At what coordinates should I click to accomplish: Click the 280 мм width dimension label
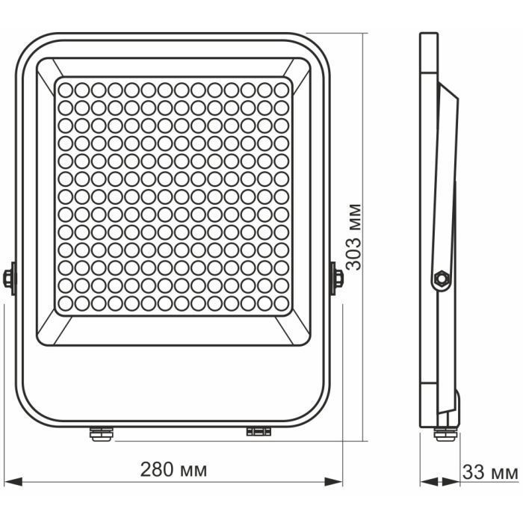pyautogui.click(x=173, y=470)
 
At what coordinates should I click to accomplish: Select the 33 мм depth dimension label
pyautogui.click(x=490, y=472)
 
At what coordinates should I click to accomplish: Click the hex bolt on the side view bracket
pyautogui.click(x=441, y=279)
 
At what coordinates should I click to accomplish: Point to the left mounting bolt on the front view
pyautogui.click(x=8, y=278)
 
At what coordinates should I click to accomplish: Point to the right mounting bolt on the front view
pyautogui.click(x=337, y=278)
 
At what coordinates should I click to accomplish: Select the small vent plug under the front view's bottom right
pyautogui.click(x=258, y=431)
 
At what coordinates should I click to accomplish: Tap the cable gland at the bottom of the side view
pyautogui.click(x=445, y=433)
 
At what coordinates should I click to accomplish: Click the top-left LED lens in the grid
pyautogui.click(x=65, y=89)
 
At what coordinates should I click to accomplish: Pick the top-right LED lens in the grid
pyautogui.click(x=281, y=89)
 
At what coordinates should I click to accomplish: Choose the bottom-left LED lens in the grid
pyautogui.click(x=65, y=303)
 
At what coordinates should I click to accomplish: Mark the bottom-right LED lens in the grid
pyautogui.click(x=281, y=303)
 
